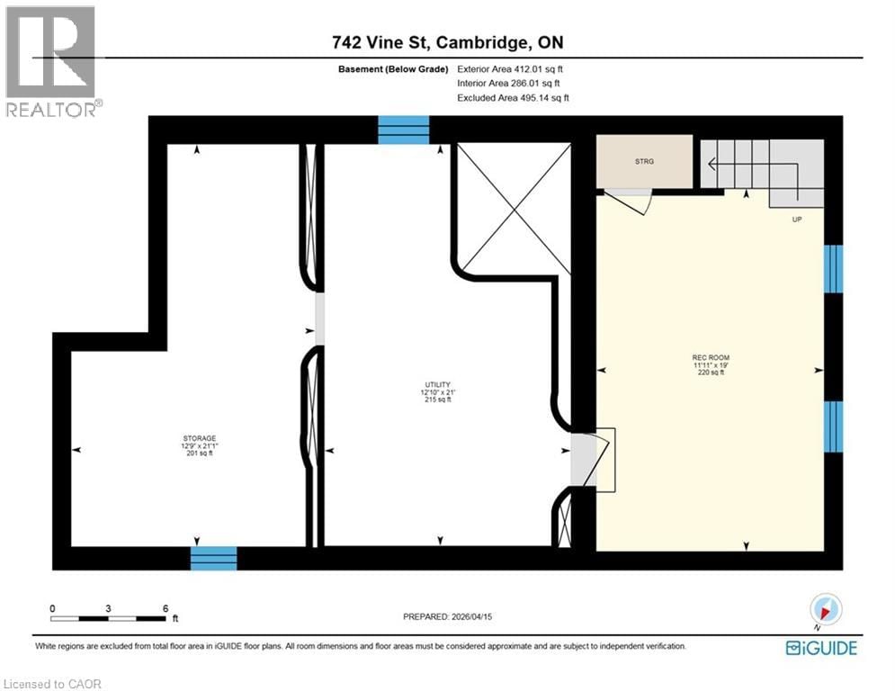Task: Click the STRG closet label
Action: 645,161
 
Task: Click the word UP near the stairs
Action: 797,218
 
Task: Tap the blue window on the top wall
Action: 403,130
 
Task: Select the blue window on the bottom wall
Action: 213,558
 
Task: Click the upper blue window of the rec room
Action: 834,269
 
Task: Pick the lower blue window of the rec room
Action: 834,426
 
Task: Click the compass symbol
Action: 826,610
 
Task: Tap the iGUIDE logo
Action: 821,648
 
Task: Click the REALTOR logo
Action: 51,61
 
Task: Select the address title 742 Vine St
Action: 447,42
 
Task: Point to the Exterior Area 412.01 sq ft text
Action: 511,68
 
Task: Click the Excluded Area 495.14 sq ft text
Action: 513,97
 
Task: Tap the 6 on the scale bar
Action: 166,608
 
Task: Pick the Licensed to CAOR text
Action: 54,684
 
